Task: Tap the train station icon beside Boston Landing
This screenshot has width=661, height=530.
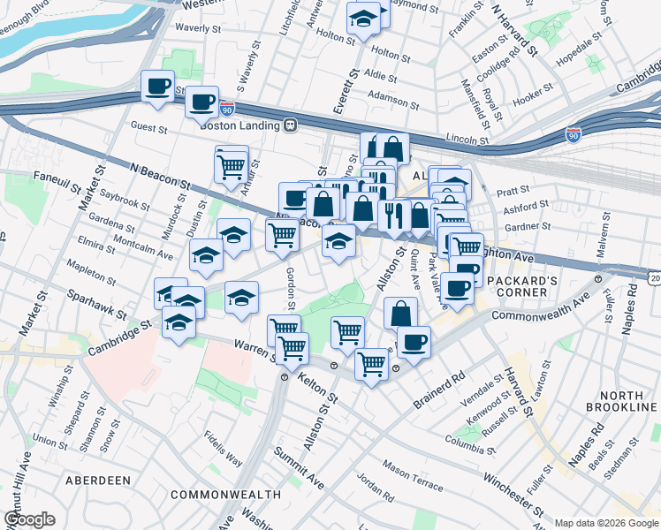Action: pyautogui.click(x=289, y=125)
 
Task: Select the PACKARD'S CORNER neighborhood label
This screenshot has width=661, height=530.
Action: pyautogui.click(x=520, y=288)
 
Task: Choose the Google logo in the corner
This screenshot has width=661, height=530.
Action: pyautogui.click(x=29, y=519)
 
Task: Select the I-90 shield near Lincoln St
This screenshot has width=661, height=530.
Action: pyautogui.click(x=573, y=134)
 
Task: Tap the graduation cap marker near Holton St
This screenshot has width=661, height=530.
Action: pyautogui.click(x=362, y=18)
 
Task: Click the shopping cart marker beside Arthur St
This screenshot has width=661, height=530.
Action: pyautogui.click(x=231, y=163)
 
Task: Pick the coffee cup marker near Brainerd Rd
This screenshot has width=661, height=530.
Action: pyautogui.click(x=413, y=341)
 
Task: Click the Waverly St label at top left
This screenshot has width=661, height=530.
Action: pyautogui.click(x=198, y=28)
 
